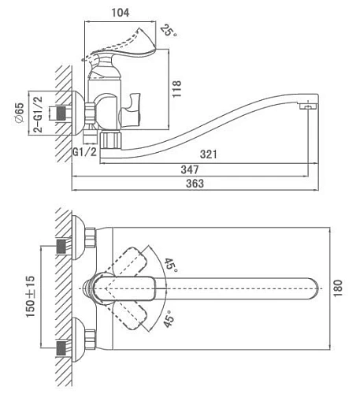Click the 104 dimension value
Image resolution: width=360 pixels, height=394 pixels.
tap(121, 13)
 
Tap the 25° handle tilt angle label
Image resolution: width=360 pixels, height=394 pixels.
tap(169, 31)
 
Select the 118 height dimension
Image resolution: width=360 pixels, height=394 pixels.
tap(176, 89)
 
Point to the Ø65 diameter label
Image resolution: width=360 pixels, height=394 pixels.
tap(20, 113)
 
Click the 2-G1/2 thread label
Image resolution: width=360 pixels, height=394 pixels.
tap(38, 114)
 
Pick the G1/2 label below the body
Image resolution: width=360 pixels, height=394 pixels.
tap(84, 152)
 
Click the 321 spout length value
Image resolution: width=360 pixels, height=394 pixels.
tap(209, 154)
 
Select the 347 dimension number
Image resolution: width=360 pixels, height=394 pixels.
tap(190, 169)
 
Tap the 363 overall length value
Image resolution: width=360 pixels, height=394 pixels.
tap(195, 184)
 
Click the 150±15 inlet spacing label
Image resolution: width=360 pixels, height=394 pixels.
tap(30, 296)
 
